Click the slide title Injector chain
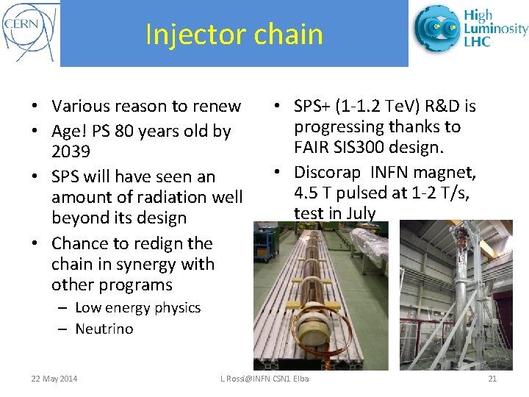[x=234, y=35]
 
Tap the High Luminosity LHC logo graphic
[x=437, y=29]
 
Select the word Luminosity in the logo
[x=495, y=28]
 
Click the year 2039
[x=71, y=152]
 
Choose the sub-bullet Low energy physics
[x=137, y=308]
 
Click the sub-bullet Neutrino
[x=104, y=329]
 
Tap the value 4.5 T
[x=312, y=193]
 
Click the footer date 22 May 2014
[x=54, y=379]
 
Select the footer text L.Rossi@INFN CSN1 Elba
[x=264, y=379]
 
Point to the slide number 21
[x=492, y=379]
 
